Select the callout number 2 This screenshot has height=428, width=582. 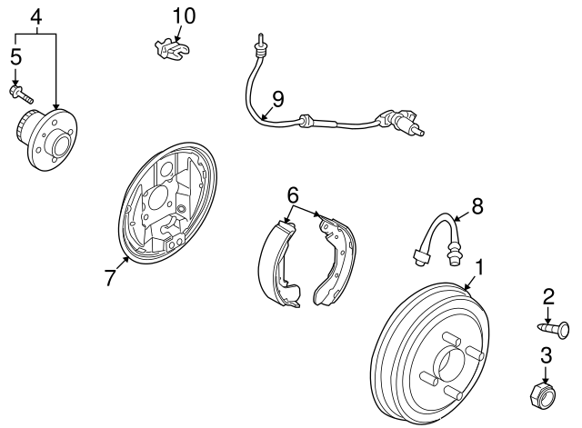(x=548, y=296)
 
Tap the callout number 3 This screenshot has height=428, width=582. (x=547, y=356)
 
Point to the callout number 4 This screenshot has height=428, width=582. (x=36, y=16)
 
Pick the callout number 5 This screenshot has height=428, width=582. (x=15, y=56)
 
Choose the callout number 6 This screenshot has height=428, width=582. (x=292, y=195)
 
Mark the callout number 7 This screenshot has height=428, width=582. (x=110, y=278)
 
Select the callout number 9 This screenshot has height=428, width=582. (x=277, y=98)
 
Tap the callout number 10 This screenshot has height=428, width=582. (x=184, y=15)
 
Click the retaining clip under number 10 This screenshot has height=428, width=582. (x=170, y=50)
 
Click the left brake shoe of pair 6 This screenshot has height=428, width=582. (x=278, y=264)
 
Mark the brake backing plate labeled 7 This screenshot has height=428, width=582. (x=169, y=204)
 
